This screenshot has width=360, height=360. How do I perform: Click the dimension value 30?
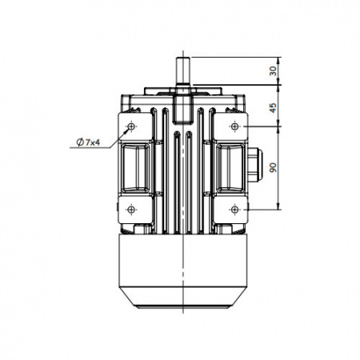pos(273,71)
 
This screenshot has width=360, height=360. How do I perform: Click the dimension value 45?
pos(273,108)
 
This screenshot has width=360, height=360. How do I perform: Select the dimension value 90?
pos(273,167)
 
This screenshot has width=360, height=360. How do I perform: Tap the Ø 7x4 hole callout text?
pos(88,142)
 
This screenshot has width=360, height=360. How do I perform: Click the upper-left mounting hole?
pos(131,126)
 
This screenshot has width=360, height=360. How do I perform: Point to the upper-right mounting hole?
pos(234,126)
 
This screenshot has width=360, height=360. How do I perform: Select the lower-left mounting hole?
pos(131,210)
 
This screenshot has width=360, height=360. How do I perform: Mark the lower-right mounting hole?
pos(234,210)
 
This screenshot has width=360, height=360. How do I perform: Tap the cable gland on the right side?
pos(255,164)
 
